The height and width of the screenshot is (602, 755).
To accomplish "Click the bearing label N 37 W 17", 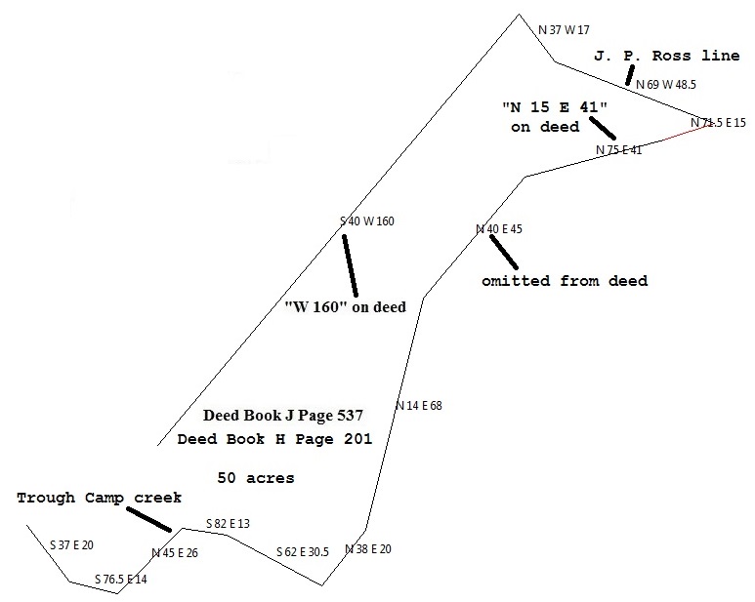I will click(565, 30).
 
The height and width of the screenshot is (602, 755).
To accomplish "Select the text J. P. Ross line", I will click(666, 57).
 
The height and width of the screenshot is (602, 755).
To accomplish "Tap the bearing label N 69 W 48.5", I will click(665, 85).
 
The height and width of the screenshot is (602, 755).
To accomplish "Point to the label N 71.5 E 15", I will click(718, 123).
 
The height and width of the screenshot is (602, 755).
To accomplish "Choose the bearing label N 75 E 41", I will click(619, 150).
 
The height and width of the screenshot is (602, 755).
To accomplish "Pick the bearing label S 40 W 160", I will click(366, 221).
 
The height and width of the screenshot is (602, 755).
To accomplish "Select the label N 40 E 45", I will click(499, 229).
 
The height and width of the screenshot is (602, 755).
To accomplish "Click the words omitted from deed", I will click(565, 281).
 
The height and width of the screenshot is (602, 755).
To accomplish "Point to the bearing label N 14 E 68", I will click(419, 405).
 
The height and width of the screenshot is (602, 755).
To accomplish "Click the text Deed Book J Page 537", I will click(283, 416).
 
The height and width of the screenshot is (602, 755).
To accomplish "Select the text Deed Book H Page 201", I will click(274, 440).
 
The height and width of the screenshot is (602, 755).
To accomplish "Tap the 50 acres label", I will click(256, 478).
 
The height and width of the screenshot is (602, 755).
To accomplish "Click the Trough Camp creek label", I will click(99, 498).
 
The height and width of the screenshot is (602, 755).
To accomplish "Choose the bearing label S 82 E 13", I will click(228, 524).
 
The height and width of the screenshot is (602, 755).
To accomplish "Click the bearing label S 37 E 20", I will click(71, 544).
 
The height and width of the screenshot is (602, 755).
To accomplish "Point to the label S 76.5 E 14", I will click(121, 580).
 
